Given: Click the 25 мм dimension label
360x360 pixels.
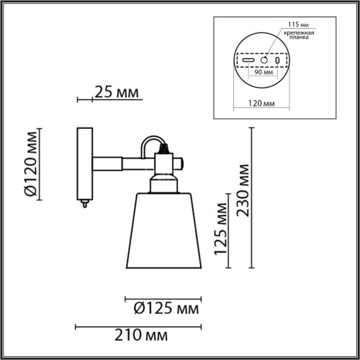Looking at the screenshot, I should coord(116,93).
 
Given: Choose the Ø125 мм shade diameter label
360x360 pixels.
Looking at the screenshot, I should coord(166,309).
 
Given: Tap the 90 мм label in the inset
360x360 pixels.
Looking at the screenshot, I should coord(254,72).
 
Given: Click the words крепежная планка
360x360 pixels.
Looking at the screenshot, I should coord(296,37).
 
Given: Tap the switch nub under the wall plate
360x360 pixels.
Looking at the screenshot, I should coord(85,202).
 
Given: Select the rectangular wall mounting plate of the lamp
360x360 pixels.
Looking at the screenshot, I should coord(85,163).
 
